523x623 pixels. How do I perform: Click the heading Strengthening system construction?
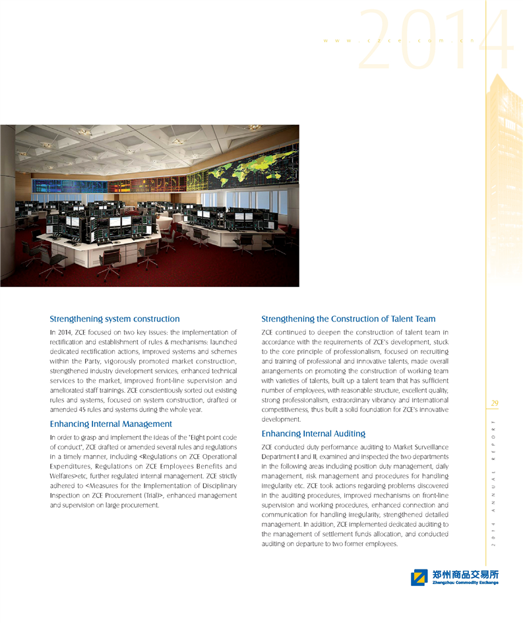(x=115, y=319)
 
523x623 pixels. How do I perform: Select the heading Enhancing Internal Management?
(x=111, y=424)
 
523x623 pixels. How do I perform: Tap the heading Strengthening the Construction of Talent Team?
(x=348, y=319)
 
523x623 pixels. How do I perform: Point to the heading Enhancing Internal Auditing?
(x=313, y=434)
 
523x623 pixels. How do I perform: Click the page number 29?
(x=495, y=403)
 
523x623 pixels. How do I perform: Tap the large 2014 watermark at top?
(x=436, y=41)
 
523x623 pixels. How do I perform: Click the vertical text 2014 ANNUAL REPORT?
(x=495, y=482)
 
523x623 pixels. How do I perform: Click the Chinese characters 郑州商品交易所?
(x=465, y=574)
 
